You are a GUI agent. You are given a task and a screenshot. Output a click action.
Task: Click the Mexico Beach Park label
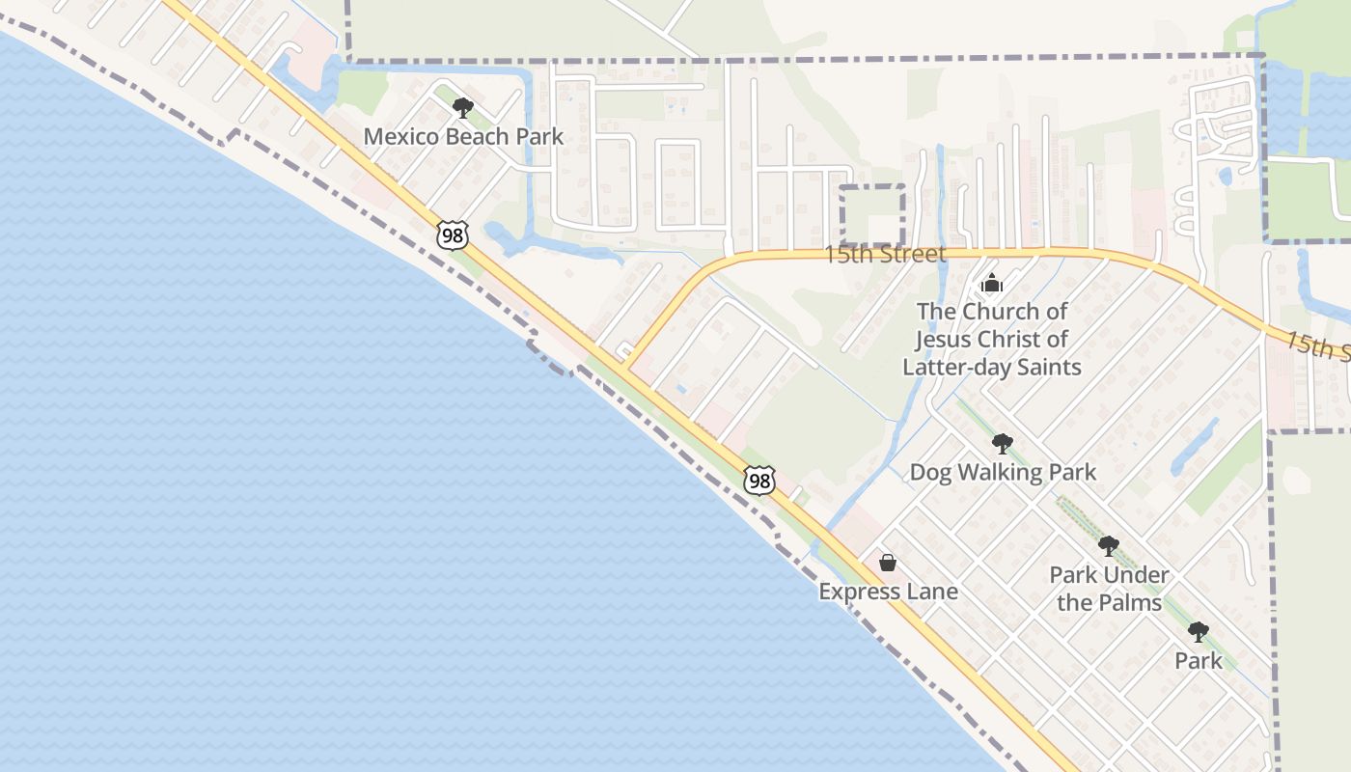click(x=463, y=136)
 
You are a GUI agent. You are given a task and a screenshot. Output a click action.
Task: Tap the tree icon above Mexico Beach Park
click(x=463, y=107)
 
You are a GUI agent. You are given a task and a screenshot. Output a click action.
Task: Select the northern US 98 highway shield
click(x=452, y=234)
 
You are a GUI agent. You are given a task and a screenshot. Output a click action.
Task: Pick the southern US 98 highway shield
click(x=758, y=480)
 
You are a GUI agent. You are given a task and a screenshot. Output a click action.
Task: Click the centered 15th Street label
click(x=884, y=255)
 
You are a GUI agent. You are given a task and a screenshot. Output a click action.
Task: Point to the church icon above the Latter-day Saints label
click(x=991, y=284)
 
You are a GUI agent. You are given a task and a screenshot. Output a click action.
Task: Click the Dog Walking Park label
click(x=1003, y=472)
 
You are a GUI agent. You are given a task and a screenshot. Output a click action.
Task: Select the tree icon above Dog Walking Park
click(x=1003, y=444)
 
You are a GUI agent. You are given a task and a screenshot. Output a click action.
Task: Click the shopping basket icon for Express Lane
click(x=888, y=563)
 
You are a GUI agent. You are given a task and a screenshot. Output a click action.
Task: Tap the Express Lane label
click(x=888, y=592)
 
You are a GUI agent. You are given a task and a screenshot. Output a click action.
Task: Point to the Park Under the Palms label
click(x=1109, y=589)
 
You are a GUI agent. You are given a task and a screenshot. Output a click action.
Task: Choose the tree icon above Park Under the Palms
click(x=1109, y=546)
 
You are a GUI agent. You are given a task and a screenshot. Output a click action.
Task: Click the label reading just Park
click(x=1198, y=661)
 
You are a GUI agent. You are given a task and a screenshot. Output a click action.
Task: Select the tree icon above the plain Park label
click(x=1198, y=633)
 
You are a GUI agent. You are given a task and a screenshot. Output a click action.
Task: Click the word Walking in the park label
click(x=1003, y=472)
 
